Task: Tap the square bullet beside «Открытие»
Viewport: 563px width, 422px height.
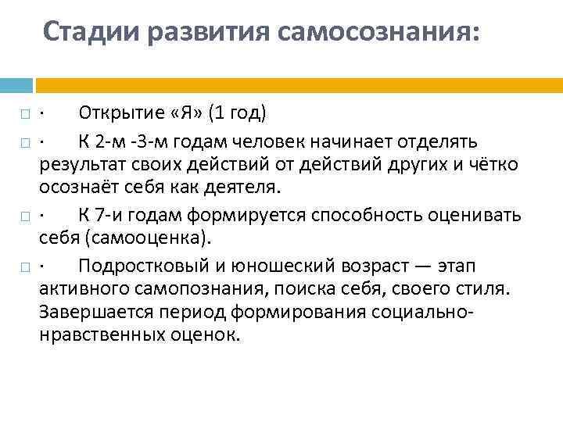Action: (26, 115)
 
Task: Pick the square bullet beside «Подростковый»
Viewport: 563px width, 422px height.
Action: (26, 267)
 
